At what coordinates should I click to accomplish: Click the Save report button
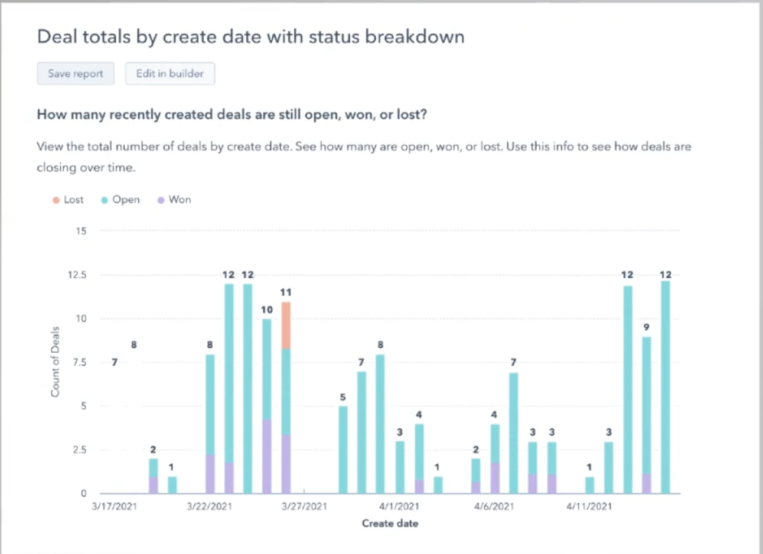tap(76, 74)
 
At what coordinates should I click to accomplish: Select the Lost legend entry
tap(69, 200)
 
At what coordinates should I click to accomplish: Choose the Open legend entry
tap(120, 200)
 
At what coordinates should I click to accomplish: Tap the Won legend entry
tap(174, 200)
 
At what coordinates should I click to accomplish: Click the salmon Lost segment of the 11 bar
tap(286, 325)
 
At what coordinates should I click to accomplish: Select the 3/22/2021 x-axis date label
tap(210, 506)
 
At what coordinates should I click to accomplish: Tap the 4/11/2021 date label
tap(589, 506)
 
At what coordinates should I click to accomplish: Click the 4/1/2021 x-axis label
tap(399, 506)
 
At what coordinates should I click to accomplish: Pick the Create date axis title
tap(390, 523)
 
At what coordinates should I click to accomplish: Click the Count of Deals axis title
tap(56, 361)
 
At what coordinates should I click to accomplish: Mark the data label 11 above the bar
tap(286, 292)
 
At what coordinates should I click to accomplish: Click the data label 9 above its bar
tap(647, 327)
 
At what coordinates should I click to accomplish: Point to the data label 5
tap(343, 397)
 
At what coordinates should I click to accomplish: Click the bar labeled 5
tap(343, 449)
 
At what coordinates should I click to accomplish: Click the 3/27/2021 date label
tap(304, 506)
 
